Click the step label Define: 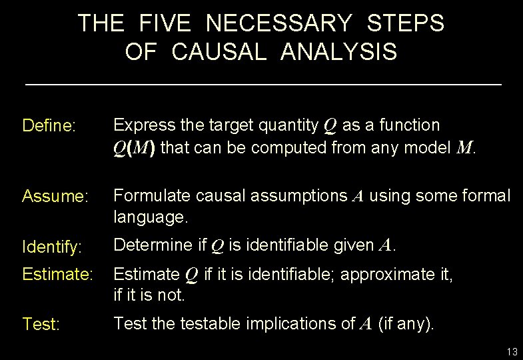coord(49,126)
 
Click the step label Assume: coord(55,197)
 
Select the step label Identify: coord(52,247)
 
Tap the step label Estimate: coord(57,274)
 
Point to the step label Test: coord(41,325)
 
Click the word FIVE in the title coord(165,24)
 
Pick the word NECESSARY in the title coord(279,24)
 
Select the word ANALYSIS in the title coord(339,52)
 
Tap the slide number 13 coord(512,351)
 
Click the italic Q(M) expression coord(134,147)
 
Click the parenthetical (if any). coord(406,325)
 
